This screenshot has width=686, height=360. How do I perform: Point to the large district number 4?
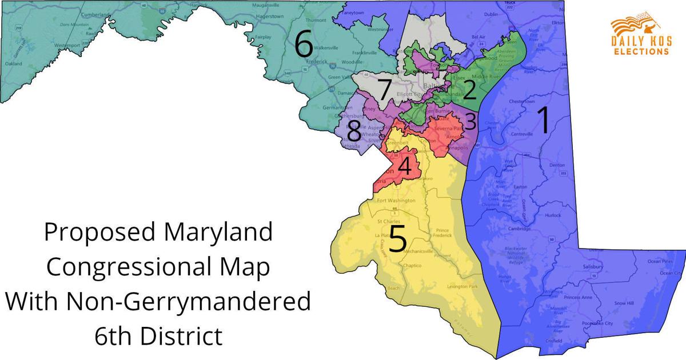pyautogui.click(x=404, y=167)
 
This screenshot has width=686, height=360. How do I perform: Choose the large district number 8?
pyautogui.click(x=354, y=133)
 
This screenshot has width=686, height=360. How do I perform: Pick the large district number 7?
pyautogui.click(x=384, y=90)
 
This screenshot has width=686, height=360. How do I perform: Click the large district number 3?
pyautogui.click(x=470, y=121)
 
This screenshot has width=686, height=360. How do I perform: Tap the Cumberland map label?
pyautogui.click(x=80, y=14)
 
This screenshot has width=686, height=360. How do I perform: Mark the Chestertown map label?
pyautogui.click(x=525, y=102)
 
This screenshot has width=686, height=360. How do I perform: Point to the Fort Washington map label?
pyautogui.click(x=396, y=201)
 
